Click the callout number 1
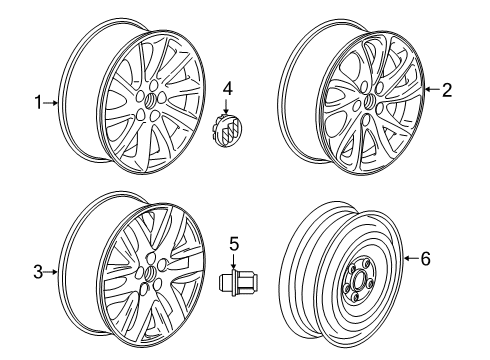[x=39, y=101]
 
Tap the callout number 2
[x=447, y=90]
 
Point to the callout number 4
[x=227, y=90]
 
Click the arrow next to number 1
[x=52, y=101]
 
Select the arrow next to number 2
[x=432, y=90]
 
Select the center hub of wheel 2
[x=368, y=101]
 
